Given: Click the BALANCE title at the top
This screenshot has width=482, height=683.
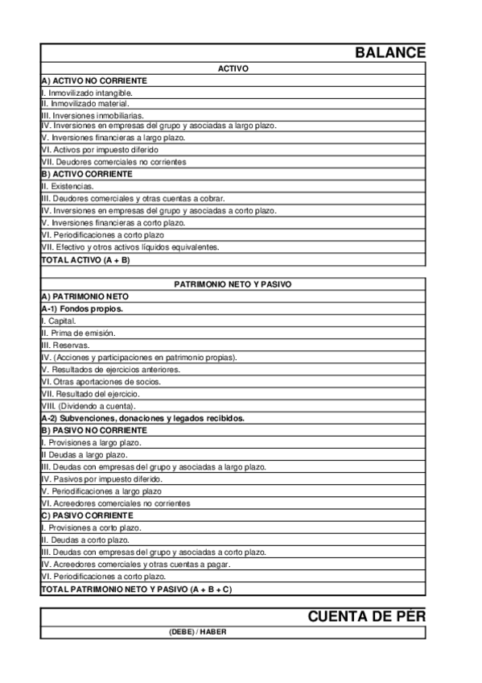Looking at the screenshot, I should click(x=389, y=52).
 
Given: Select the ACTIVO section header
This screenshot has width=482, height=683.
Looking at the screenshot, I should click(x=233, y=69).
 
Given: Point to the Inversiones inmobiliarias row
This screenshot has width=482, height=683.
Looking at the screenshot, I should click(x=93, y=116).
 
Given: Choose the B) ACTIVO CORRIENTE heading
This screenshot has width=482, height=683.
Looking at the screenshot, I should click(x=87, y=174).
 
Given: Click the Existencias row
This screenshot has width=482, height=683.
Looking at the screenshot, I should click(x=67, y=186).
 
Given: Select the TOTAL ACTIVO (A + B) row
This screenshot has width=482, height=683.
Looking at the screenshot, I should click(x=85, y=260).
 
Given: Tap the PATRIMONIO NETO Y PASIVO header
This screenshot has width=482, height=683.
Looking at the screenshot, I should click(x=233, y=284).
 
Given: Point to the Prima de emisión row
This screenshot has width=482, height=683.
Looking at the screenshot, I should click(x=78, y=333).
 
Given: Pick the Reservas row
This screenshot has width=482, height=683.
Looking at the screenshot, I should click(x=65, y=345).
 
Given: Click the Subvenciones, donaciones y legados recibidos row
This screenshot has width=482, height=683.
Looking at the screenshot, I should click(x=142, y=418).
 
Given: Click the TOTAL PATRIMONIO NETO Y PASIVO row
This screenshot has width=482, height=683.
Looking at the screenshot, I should click(x=136, y=589).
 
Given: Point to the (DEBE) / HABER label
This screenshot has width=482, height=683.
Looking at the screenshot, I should click(x=198, y=632).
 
